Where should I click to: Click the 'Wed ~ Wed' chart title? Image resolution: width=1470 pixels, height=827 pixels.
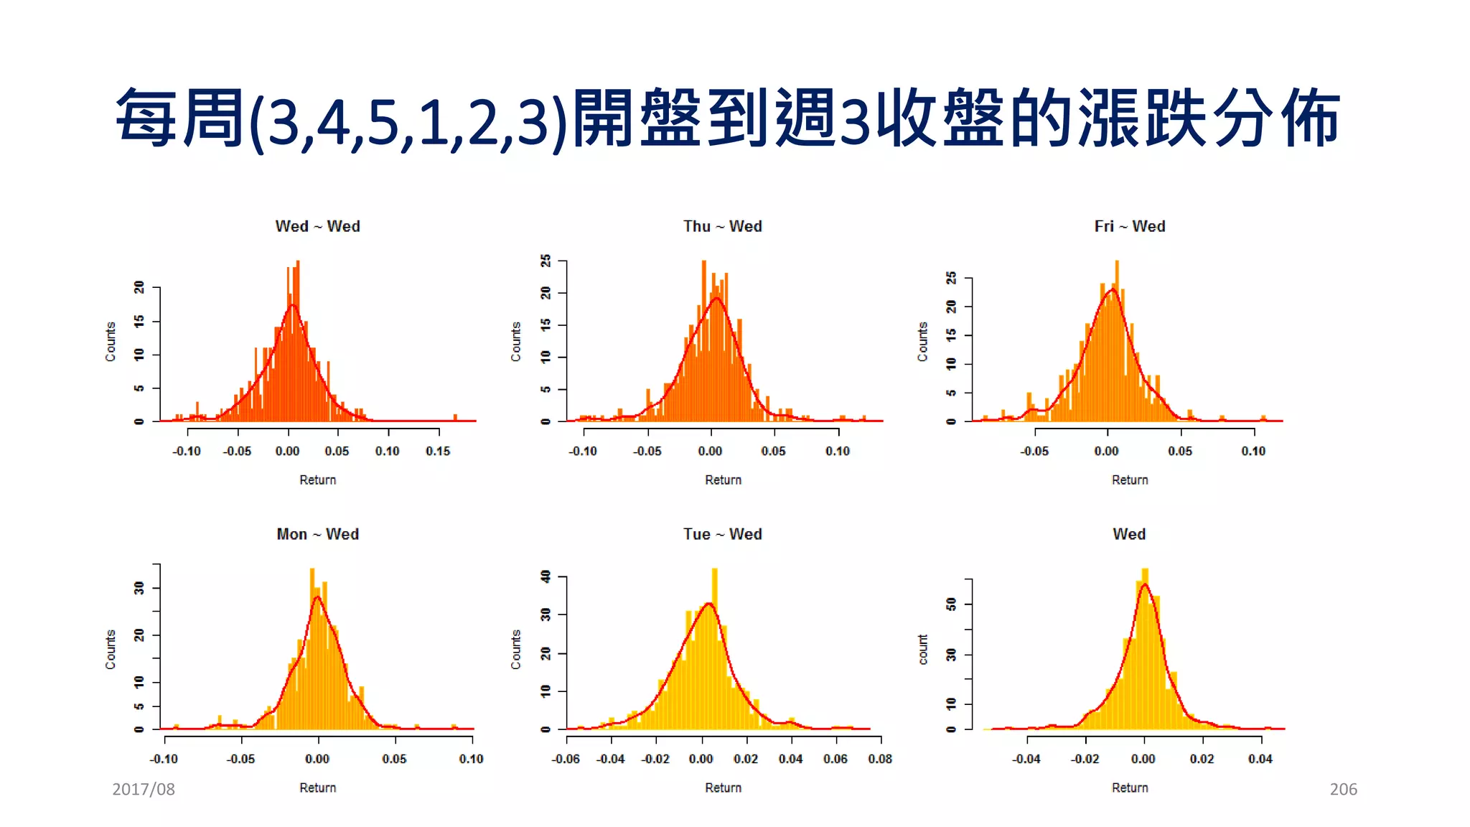tap(317, 226)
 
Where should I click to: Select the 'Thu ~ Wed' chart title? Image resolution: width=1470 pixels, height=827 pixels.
tap(722, 226)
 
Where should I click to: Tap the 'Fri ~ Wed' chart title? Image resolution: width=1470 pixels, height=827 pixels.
tap(1129, 226)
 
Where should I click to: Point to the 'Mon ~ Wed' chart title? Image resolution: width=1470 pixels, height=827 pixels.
tap(317, 534)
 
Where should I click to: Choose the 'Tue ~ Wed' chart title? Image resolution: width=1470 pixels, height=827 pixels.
tap(722, 534)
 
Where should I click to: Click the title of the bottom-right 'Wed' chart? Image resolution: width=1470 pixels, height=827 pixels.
tap(1129, 534)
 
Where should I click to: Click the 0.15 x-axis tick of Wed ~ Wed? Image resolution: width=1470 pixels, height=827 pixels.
tap(438, 451)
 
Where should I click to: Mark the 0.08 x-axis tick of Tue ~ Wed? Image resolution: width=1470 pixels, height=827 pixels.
tap(879, 759)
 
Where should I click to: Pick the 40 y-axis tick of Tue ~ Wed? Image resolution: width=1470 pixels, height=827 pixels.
tap(546, 576)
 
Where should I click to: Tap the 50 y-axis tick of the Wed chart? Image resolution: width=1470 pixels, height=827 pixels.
tap(952, 604)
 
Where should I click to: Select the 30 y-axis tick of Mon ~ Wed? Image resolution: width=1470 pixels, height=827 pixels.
tap(139, 588)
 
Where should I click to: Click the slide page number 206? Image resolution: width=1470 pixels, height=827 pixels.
tap(1343, 789)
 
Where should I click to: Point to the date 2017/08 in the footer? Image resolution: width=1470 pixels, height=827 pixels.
tap(144, 789)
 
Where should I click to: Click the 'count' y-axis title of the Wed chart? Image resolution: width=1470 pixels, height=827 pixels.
tap(923, 649)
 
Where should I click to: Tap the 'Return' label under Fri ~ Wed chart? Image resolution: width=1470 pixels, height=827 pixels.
tap(1129, 480)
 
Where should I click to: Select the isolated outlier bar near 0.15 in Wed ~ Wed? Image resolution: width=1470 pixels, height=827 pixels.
tap(455, 418)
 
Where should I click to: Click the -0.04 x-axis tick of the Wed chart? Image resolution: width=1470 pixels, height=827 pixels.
tap(1026, 759)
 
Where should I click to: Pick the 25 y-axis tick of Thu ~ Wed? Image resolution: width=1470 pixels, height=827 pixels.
tap(546, 261)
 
